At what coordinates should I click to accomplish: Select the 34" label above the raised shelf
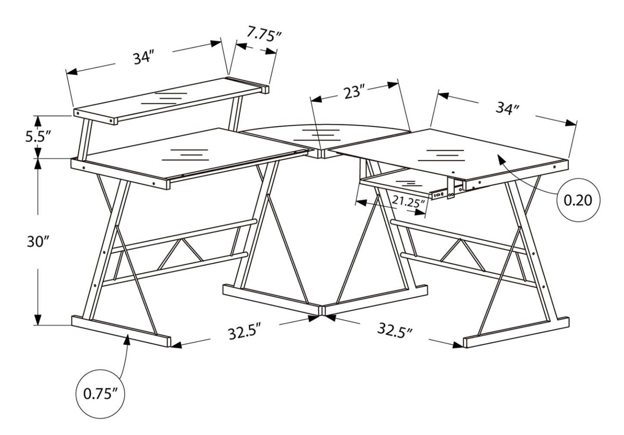[x=143, y=57]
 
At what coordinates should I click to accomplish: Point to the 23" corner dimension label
[x=355, y=91]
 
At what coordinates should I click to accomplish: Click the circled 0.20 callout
[x=579, y=200]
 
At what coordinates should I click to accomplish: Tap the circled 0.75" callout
[x=100, y=394]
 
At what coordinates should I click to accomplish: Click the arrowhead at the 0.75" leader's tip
[x=127, y=339]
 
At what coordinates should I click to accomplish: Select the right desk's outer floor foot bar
[x=516, y=333]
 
